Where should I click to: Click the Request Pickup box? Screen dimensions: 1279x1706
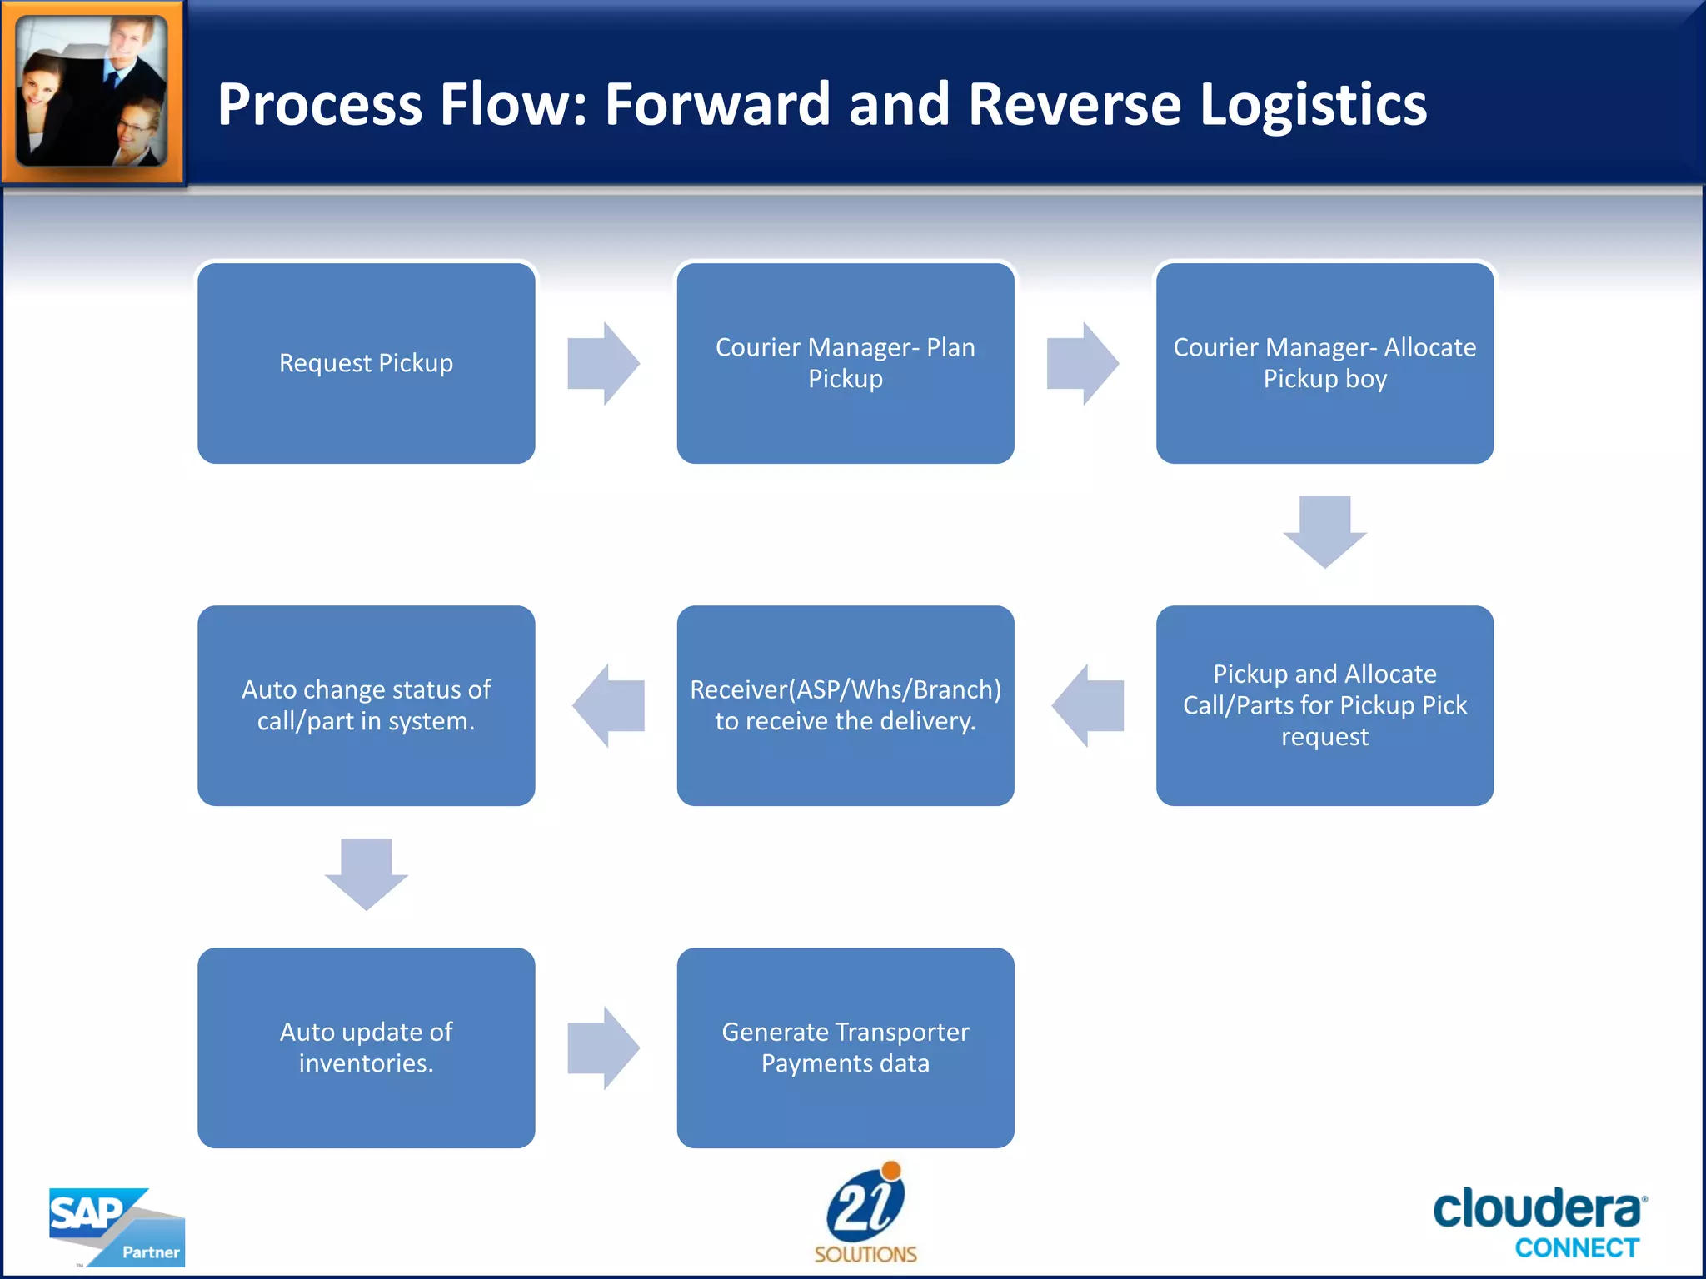pyautogui.click(x=366, y=363)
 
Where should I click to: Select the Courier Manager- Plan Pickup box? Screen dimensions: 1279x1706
pyautogui.click(x=845, y=363)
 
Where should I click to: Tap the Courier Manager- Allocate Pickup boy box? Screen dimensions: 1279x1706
pyautogui.click(x=1324, y=363)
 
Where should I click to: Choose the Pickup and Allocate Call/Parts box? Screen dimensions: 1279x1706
pyautogui.click(x=1324, y=705)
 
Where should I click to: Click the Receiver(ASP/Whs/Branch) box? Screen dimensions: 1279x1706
pyautogui.click(x=845, y=705)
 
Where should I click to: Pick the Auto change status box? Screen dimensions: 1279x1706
pyautogui.click(x=366, y=705)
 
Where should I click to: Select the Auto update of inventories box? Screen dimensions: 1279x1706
pyautogui.click(x=366, y=1048)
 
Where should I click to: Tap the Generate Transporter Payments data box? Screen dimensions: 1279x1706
pyautogui.click(x=845, y=1048)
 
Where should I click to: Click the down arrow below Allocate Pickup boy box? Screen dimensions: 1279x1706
pyautogui.click(x=1324, y=531)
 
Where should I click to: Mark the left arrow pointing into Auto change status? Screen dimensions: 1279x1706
pyautogui.click(x=609, y=705)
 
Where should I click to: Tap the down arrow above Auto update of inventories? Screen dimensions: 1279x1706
pyautogui.click(x=366, y=873)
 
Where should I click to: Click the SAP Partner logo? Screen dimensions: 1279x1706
pyautogui.click(x=117, y=1227)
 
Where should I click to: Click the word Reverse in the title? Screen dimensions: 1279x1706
pyautogui.click(x=1074, y=105)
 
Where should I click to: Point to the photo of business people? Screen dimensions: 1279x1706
pyautogui.click(x=92, y=92)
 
